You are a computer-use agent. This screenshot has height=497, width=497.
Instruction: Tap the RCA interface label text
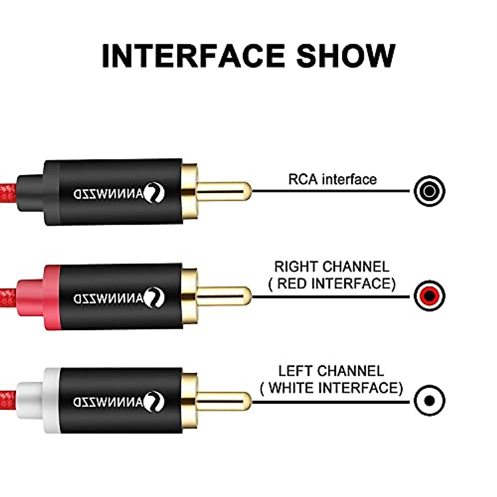click(x=332, y=179)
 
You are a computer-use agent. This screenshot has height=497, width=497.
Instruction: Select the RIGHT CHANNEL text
click(x=332, y=266)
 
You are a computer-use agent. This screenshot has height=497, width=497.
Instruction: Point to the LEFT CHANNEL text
click(x=331, y=371)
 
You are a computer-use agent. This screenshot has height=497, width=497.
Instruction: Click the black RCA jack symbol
click(x=429, y=191)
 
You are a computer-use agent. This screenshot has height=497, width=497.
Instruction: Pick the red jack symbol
click(x=429, y=296)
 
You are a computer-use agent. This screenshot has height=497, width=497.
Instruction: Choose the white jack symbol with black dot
click(x=429, y=400)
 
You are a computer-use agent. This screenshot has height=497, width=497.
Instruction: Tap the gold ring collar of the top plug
click(x=189, y=191)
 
